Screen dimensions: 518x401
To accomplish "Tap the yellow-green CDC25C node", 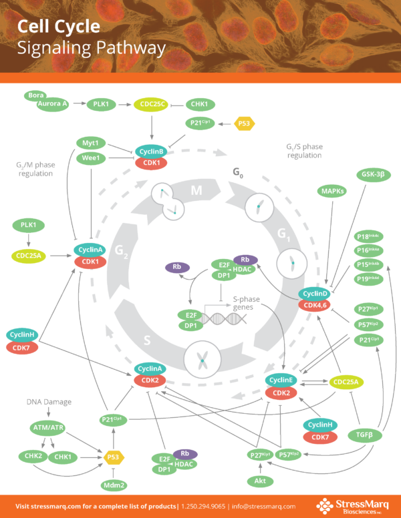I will pos(153,105).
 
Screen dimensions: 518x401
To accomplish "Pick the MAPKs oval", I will pos(332,192).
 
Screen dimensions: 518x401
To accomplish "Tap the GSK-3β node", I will pos(376,175).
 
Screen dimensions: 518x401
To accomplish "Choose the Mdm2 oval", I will pos(114,485).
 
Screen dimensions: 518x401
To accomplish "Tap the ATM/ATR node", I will pos(47,427).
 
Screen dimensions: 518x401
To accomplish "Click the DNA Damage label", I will pos(49,402).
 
